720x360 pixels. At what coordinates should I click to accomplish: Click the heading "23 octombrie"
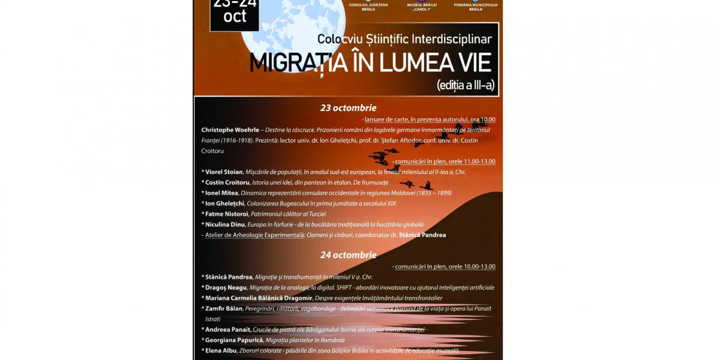(x=348, y=108)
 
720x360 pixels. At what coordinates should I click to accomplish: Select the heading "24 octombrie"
(x=348, y=255)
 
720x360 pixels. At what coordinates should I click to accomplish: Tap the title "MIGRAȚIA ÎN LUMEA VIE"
(x=370, y=62)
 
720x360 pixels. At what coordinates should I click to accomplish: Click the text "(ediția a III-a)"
(x=466, y=85)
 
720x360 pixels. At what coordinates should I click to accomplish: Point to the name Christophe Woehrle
(x=230, y=130)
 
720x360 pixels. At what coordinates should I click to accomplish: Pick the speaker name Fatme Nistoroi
(x=227, y=214)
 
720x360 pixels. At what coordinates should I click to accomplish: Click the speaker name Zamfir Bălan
(x=224, y=308)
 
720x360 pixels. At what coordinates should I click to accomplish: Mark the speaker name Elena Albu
(x=221, y=350)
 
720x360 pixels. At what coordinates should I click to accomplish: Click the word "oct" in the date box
(x=235, y=17)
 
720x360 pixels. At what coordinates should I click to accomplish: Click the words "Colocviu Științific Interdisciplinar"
(x=404, y=40)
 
